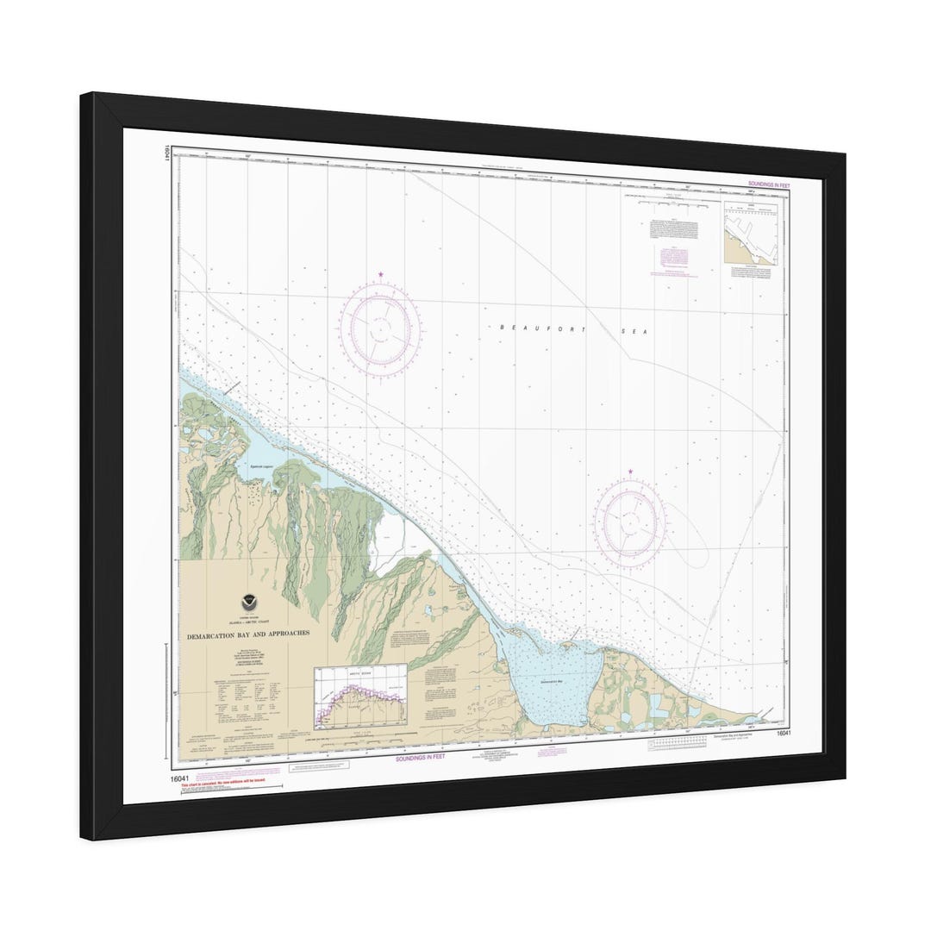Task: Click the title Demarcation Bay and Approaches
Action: coord(248,634)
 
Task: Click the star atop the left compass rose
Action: coord(380,276)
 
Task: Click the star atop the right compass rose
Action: coord(630,472)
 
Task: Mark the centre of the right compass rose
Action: coord(629,520)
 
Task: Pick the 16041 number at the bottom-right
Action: coord(783,734)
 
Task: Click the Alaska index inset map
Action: coord(359,697)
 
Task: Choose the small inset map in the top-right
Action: coord(751,233)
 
